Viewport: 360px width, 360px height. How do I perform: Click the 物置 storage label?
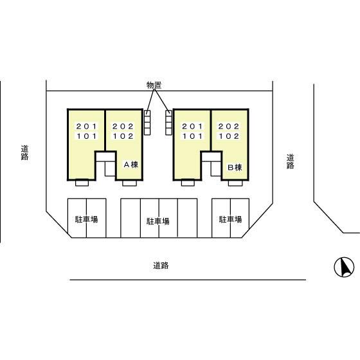point(154,85)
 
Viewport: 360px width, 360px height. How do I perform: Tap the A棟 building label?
point(131,165)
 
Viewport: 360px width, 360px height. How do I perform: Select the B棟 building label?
point(235,167)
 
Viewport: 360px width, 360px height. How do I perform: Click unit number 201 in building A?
point(87,126)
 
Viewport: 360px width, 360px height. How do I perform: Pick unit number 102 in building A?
point(123,136)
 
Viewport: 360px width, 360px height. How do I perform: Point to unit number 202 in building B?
point(229,126)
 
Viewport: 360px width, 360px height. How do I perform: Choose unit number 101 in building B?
point(193,136)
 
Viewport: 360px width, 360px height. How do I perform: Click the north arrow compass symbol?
point(344,267)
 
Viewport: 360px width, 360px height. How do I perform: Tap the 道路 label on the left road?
point(25,153)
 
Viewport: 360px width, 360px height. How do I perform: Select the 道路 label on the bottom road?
point(161,265)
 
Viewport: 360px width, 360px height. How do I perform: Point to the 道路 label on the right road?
point(290,161)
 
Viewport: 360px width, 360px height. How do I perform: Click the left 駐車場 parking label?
point(87,219)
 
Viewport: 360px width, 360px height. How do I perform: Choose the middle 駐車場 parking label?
point(158,221)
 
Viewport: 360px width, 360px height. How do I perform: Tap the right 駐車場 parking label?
point(230,219)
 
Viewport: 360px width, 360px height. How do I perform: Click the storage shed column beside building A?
point(147,122)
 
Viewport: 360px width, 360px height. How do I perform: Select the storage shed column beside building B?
point(168,122)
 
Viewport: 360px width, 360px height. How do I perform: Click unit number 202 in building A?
point(123,126)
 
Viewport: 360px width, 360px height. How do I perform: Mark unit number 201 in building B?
point(193,126)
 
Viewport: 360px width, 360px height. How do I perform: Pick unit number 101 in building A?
point(87,136)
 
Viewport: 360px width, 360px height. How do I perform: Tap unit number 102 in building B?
point(229,136)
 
